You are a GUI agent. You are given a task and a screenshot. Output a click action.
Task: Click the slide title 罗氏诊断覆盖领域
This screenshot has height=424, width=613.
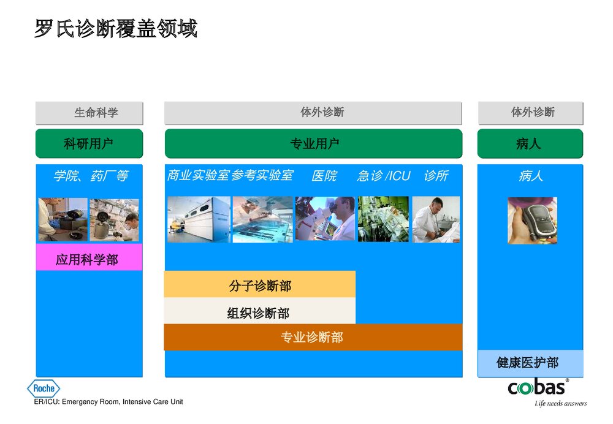115,29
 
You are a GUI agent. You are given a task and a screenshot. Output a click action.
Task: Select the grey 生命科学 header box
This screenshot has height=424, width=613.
89,113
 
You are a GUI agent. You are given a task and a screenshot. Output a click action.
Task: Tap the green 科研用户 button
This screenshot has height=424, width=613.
89,144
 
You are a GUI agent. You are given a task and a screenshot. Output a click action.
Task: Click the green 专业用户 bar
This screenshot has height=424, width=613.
313,144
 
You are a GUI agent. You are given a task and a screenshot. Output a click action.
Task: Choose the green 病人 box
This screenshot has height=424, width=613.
530,144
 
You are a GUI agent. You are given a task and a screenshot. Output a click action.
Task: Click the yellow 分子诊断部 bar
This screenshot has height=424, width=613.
259,285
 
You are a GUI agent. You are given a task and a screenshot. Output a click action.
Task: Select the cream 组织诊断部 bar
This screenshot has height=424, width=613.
259,312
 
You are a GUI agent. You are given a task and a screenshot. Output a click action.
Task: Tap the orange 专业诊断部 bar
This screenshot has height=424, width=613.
313,337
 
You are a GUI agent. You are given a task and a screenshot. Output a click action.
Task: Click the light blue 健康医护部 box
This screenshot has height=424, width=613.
530,363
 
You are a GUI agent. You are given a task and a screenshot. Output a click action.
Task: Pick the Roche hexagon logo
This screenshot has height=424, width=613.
44,388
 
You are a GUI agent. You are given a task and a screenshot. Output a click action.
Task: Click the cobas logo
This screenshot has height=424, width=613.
537,388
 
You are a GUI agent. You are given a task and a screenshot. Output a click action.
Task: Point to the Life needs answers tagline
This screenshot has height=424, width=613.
560,403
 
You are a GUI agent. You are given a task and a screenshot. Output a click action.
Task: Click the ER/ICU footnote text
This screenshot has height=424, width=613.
109,402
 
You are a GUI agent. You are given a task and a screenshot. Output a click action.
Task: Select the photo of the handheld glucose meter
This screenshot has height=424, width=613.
531,220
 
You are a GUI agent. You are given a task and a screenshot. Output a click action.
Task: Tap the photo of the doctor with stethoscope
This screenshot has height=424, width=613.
436,219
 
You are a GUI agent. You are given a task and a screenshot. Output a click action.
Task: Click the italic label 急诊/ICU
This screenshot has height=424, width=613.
384,176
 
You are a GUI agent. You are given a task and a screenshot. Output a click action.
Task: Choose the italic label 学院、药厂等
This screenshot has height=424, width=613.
91,176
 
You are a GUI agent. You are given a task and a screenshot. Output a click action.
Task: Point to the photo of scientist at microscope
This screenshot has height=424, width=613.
325,219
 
